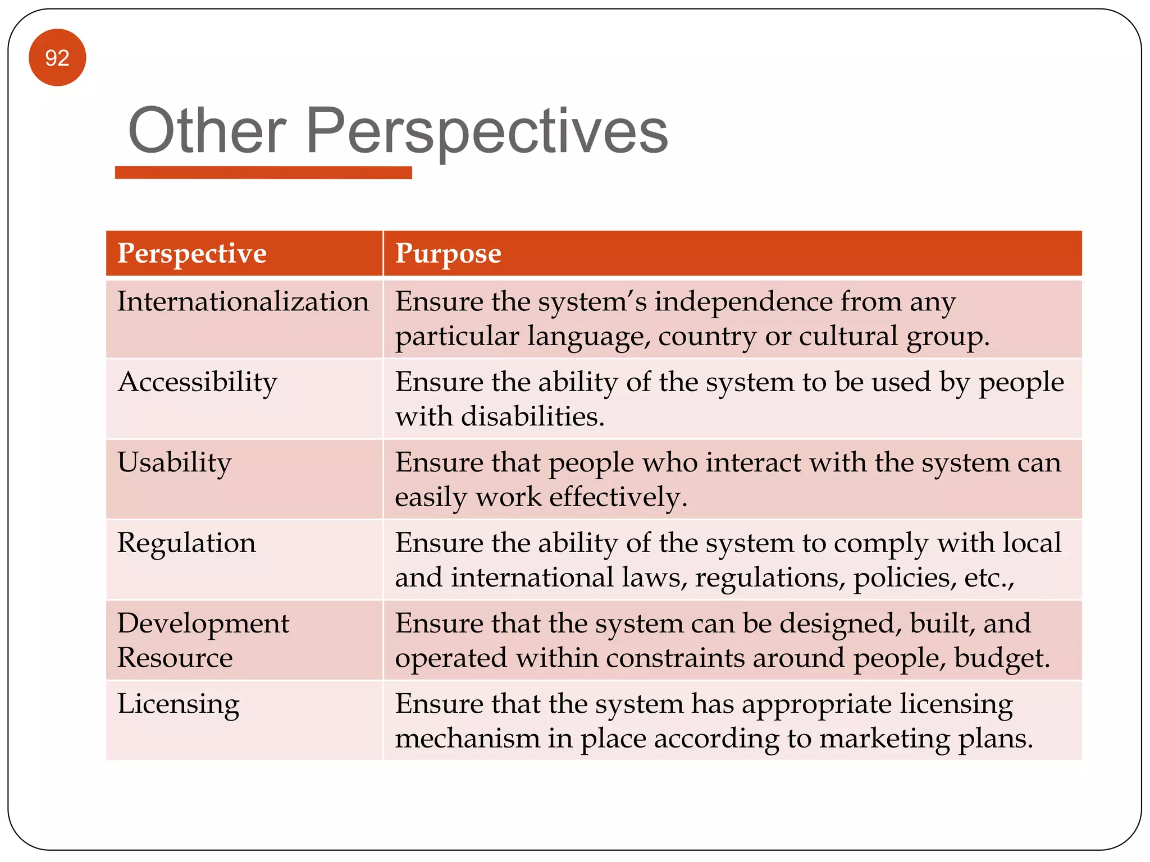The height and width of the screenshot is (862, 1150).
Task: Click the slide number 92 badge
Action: [x=57, y=58]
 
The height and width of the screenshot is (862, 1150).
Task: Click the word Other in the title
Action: [x=207, y=131]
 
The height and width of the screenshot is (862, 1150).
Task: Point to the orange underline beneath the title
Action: [x=263, y=173]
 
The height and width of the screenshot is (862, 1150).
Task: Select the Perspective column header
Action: [x=192, y=254]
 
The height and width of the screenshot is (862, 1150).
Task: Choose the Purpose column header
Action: [x=448, y=254]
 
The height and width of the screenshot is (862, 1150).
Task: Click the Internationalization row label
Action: [x=243, y=302]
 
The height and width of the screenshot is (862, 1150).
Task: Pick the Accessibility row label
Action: [x=198, y=383]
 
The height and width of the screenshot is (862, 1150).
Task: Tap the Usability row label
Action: [x=175, y=463]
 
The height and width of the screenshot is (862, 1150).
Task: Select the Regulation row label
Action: [x=186, y=543]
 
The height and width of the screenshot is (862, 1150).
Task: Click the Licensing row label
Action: [x=179, y=704]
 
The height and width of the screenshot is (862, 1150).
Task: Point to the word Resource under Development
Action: [x=175, y=658]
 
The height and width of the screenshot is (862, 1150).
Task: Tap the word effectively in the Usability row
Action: [x=618, y=497]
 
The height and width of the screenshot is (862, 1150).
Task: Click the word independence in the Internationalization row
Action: [x=743, y=302]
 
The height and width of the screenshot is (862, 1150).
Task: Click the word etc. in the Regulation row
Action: [x=988, y=577]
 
